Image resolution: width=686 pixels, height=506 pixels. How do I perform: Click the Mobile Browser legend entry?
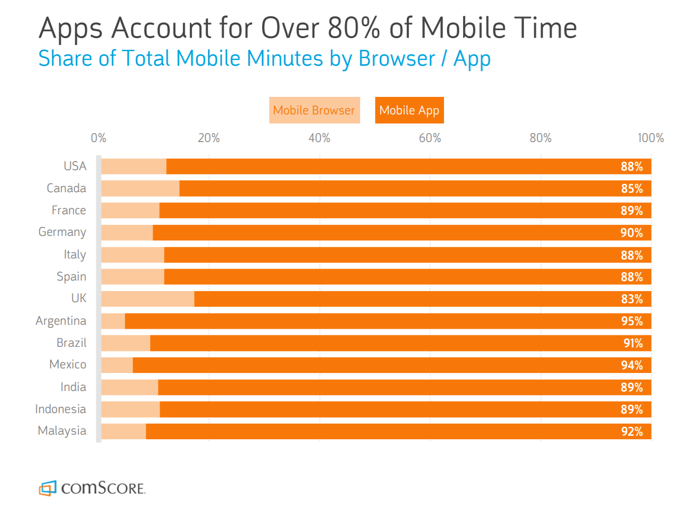point(314,110)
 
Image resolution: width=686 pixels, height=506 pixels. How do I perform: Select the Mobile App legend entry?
point(409,110)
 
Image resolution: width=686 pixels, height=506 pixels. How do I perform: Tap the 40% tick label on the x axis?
point(319,138)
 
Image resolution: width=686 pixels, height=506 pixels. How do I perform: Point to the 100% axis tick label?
point(650,138)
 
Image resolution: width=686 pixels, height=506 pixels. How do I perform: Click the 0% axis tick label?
point(98,138)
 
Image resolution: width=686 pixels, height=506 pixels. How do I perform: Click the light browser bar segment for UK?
point(148,299)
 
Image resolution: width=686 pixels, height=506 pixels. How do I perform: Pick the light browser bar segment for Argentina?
point(113,321)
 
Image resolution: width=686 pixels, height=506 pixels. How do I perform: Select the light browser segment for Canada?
point(140,189)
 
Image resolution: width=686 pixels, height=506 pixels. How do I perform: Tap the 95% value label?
point(632,321)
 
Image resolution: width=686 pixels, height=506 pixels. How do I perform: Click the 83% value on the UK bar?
point(632,299)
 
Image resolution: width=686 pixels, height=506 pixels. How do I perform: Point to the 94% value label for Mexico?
point(632,365)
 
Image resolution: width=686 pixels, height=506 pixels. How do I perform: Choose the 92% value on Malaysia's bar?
point(632,432)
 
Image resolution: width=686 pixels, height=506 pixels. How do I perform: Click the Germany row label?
point(62,232)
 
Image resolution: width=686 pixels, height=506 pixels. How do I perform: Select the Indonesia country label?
point(60,409)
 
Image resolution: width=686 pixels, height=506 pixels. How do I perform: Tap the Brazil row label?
point(71,343)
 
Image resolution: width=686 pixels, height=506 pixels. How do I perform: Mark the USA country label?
point(75,166)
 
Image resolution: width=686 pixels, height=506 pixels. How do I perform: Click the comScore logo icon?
point(48,488)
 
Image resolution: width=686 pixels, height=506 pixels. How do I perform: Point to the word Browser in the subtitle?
point(397,59)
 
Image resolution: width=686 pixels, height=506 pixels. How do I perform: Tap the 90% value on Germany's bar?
point(632,233)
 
